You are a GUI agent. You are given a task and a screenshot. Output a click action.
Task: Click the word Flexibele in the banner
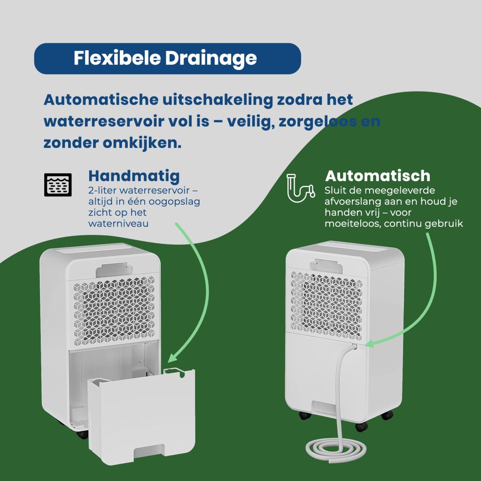coord(117,58)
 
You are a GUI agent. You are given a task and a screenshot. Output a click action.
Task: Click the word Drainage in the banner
coord(211,59)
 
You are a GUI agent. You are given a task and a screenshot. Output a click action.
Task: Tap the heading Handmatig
coord(134,177)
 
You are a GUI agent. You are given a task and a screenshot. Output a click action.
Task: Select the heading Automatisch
coord(377,176)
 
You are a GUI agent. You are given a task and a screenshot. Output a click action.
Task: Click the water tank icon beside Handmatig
coord(58,185)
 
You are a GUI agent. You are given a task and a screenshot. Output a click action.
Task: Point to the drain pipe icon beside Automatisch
coord(301,188)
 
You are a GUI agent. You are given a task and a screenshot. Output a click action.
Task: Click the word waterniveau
coord(118,223)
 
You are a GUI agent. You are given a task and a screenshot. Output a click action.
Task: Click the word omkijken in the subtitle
coord(142,143)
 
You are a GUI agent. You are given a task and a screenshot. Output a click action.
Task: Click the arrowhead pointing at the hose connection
coord(370,343)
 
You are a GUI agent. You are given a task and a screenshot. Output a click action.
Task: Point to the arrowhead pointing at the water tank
coord(173,357)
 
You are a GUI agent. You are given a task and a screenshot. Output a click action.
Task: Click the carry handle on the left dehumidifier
coord(114,270)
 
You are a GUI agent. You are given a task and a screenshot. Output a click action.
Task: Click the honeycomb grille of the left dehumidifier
coord(114,310)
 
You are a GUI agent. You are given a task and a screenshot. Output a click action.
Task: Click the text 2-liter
coord(102,191)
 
